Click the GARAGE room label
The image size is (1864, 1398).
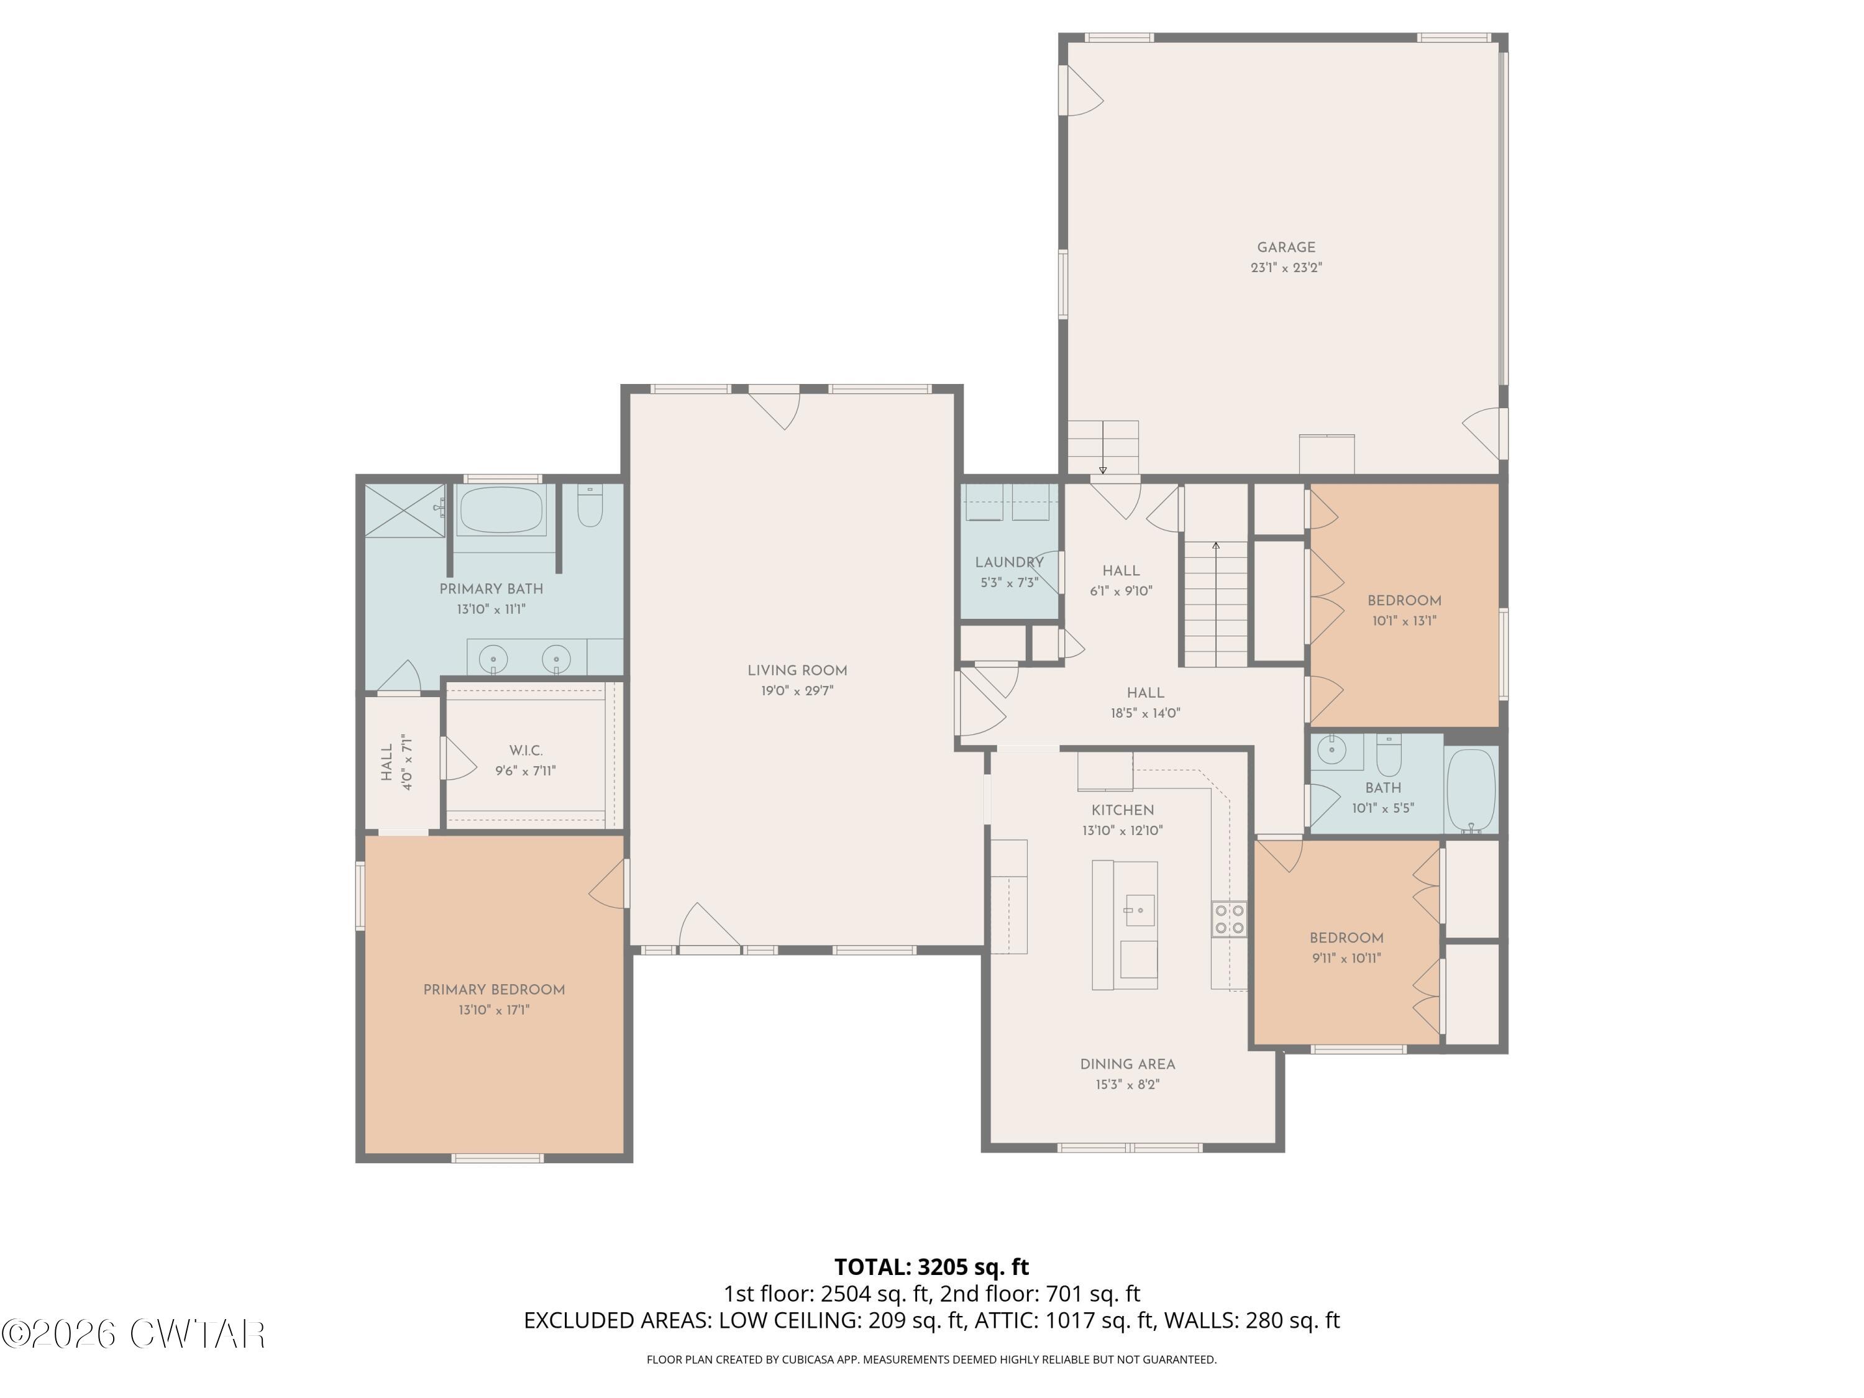pos(1286,248)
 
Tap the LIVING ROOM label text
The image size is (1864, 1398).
pos(797,671)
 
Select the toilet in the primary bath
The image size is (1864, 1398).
pos(590,506)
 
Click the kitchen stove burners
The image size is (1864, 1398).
pos(1230,920)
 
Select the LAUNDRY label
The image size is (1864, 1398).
pos(1010,562)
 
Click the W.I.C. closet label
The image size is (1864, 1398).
pos(526,751)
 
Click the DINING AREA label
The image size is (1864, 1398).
pos(1128,1064)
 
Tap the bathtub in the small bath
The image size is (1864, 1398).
pos(1471,790)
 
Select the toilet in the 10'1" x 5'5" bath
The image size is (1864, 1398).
pos(1389,756)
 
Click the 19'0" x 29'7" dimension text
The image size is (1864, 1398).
pos(797,691)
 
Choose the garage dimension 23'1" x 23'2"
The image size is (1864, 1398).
pos(1286,268)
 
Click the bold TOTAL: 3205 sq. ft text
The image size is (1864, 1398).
pos(932,1268)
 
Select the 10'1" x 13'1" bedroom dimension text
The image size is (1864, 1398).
pos(1404,621)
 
